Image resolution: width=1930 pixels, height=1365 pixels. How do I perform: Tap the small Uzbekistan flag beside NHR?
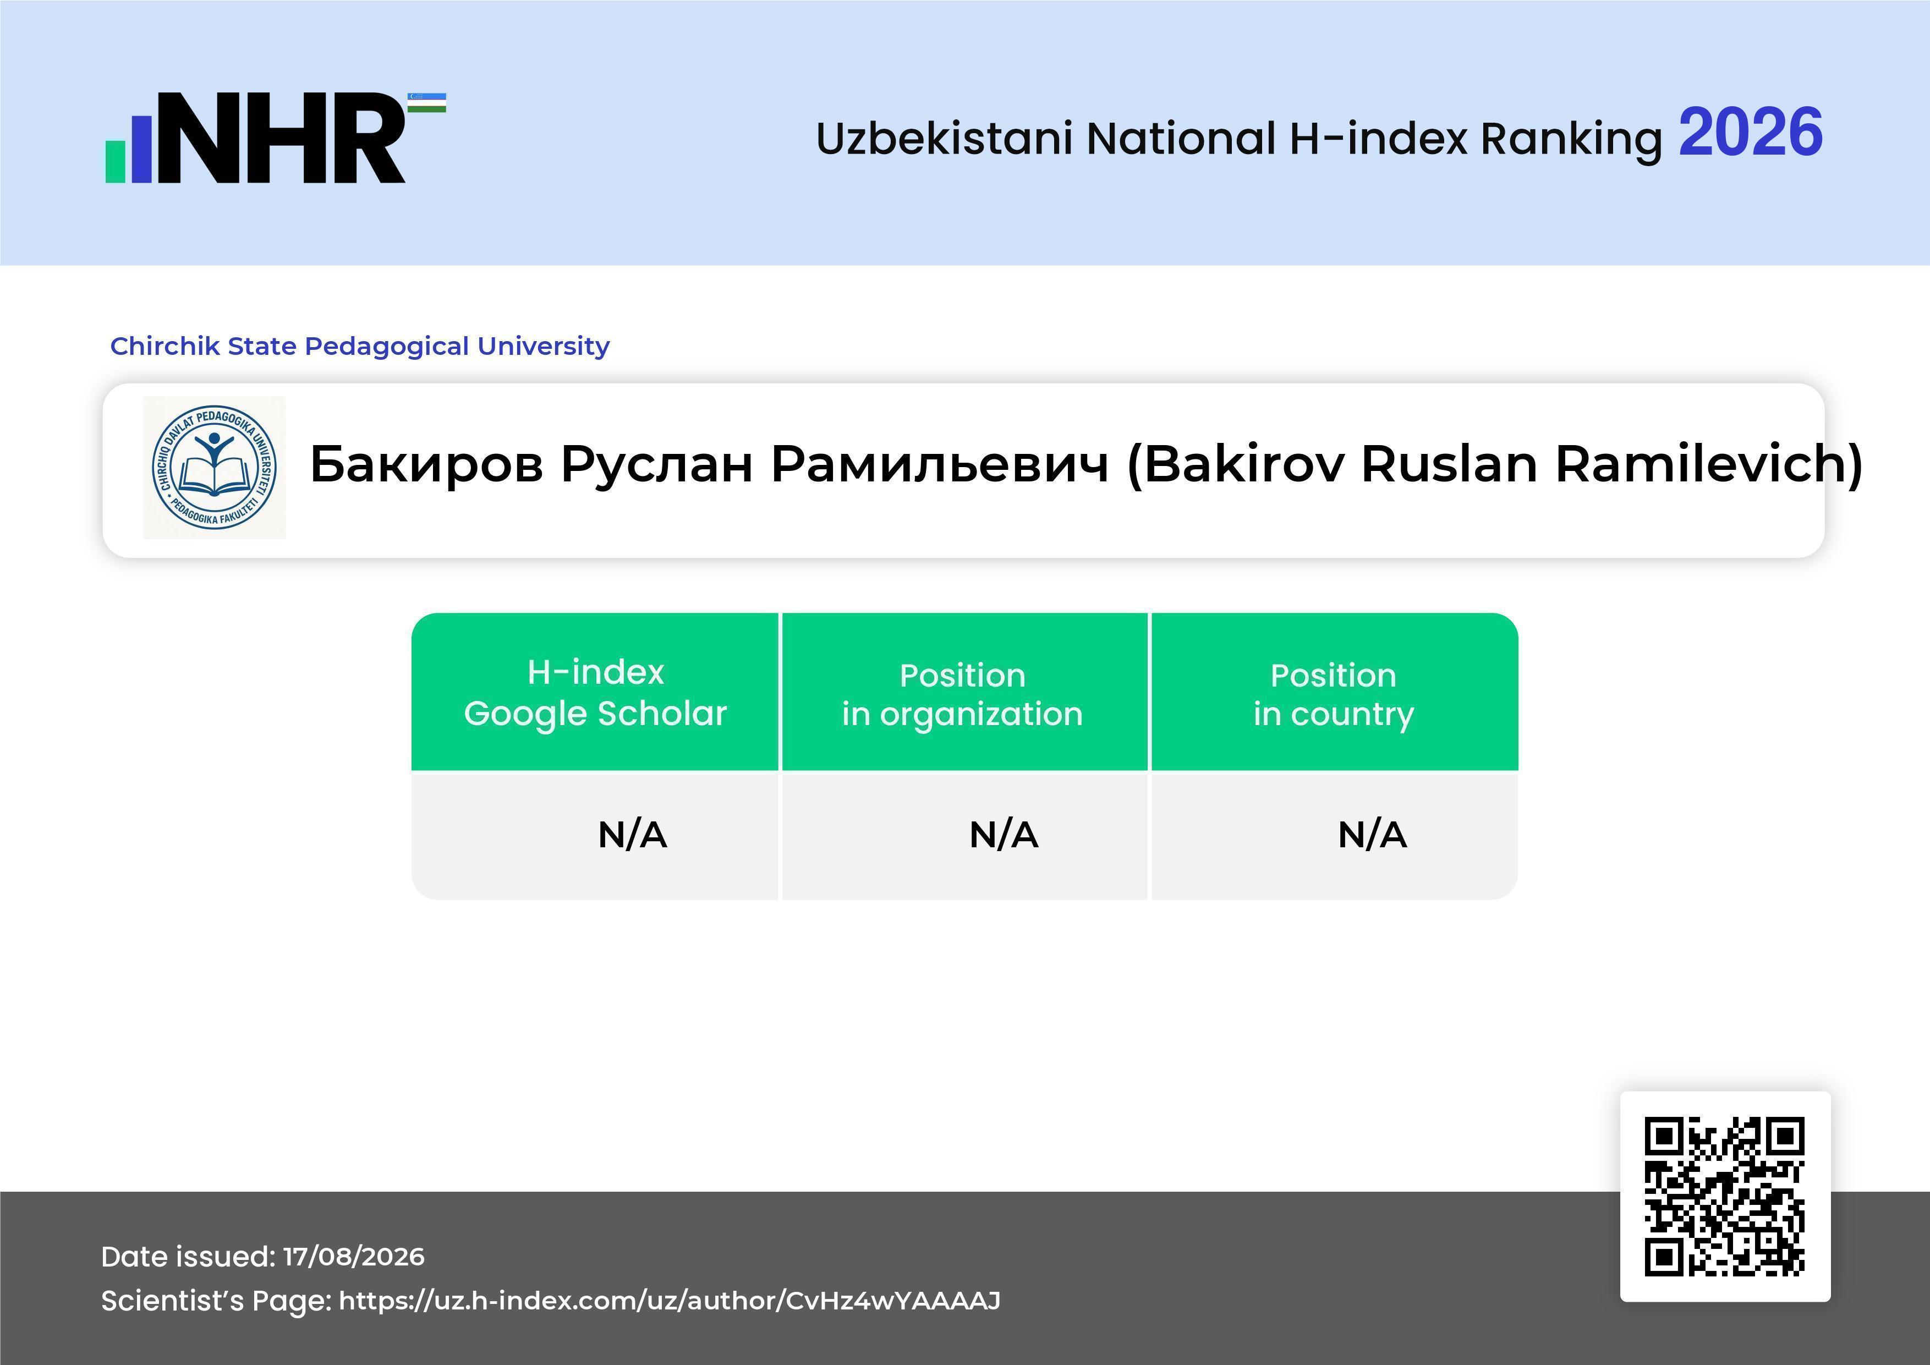[x=427, y=102]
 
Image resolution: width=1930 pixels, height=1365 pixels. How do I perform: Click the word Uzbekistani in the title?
[x=944, y=139]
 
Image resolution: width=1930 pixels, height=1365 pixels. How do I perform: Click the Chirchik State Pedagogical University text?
[x=360, y=346]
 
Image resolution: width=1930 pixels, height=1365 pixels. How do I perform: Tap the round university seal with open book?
[x=215, y=467]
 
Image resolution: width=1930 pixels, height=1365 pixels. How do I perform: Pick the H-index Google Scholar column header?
[x=595, y=693]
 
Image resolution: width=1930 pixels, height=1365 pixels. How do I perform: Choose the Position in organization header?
[x=962, y=694]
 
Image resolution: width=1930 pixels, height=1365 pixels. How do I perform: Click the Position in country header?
[x=1333, y=694]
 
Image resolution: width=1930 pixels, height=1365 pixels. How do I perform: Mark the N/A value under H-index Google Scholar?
[x=632, y=835]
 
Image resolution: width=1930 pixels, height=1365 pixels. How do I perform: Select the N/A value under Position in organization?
[x=1004, y=835]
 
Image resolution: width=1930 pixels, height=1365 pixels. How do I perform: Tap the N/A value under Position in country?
[x=1372, y=835]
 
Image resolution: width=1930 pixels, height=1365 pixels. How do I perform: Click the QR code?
[x=1725, y=1196]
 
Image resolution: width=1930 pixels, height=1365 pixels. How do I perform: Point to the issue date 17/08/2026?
[x=354, y=1257]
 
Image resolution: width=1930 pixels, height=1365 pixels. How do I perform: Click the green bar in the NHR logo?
[x=115, y=161]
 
